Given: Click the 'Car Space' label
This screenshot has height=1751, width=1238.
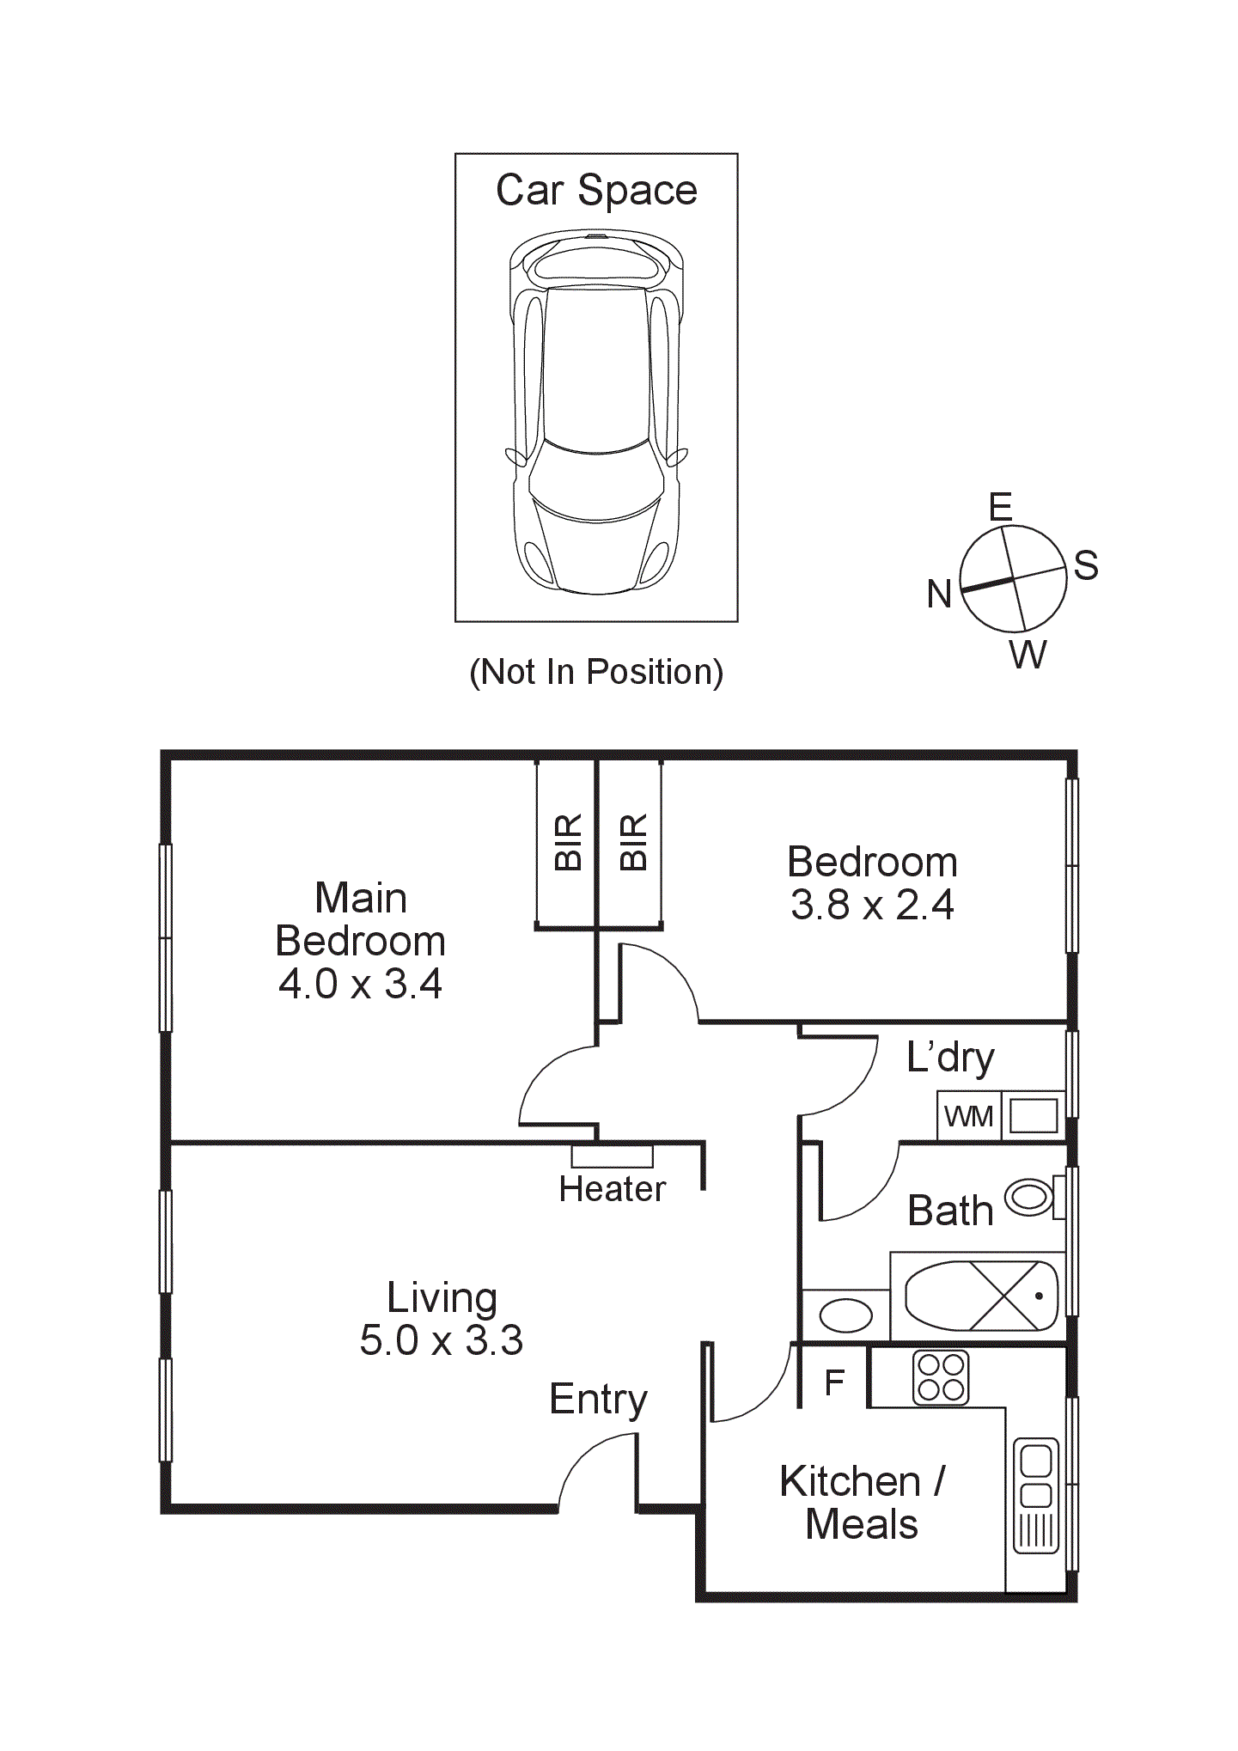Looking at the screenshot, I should [x=596, y=190].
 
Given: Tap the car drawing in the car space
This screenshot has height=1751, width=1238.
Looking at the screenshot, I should [x=596, y=412].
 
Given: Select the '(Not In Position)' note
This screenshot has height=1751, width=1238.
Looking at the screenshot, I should [x=596, y=672].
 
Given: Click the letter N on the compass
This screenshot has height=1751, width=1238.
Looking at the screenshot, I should [x=939, y=594].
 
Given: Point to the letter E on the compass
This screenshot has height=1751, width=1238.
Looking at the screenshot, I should [x=1001, y=507].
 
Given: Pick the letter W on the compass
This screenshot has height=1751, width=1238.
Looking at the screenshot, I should [x=1028, y=655].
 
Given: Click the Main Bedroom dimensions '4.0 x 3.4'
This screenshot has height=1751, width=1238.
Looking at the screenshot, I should [x=360, y=985].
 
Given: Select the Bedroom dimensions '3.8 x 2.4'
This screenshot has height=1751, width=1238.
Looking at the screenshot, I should [x=872, y=905].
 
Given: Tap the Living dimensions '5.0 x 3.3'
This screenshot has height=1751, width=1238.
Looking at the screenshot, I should [x=441, y=1340].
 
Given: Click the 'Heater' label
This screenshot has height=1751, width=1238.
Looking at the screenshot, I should [x=612, y=1189].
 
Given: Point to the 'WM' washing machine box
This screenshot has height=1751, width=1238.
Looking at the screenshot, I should [x=968, y=1116].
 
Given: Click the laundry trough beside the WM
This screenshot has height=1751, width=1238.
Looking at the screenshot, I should [x=1033, y=1116].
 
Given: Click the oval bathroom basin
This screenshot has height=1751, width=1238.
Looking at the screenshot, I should [x=846, y=1315].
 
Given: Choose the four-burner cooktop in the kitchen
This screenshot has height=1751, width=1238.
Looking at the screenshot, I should [x=940, y=1378].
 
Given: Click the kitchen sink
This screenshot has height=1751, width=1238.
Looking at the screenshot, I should [x=1036, y=1496].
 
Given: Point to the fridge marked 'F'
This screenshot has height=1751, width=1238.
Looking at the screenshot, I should [x=834, y=1382].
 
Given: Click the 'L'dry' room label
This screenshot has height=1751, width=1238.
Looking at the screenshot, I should [x=950, y=1058].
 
